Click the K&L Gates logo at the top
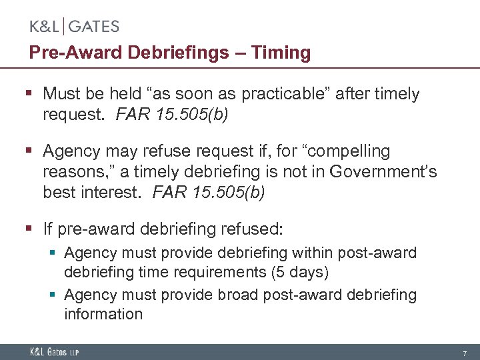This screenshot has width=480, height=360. (74, 27)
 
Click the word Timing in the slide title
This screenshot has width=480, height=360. (283, 53)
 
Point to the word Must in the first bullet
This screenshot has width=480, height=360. (62, 94)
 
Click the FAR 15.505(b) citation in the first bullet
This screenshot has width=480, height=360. (172, 115)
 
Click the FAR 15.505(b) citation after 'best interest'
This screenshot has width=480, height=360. (209, 193)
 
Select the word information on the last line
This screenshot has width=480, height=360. (103, 314)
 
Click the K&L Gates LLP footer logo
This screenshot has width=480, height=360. (54, 351)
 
